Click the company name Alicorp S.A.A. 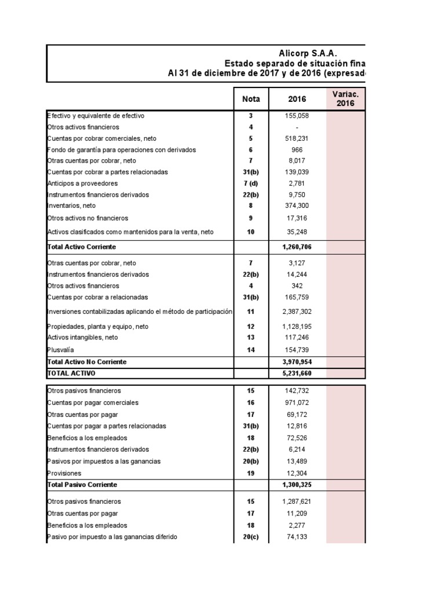coord(308,53)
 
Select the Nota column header coord(251,99)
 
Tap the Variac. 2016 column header coord(346,99)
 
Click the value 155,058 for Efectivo coord(297,116)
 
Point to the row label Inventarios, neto coord(71,206)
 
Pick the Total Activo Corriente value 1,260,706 coord(297,247)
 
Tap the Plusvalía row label coord(60,349)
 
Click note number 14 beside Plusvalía coord(251,349)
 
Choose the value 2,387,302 coord(297,312)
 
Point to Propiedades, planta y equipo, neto coord(99,327)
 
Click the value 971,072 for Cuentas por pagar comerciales coord(297,402)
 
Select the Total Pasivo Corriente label coord(82,484)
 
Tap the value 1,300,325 coord(297,484)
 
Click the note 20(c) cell coord(251,537)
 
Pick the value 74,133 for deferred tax coord(297,537)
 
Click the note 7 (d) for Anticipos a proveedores coord(251,184)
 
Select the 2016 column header coord(297,99)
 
